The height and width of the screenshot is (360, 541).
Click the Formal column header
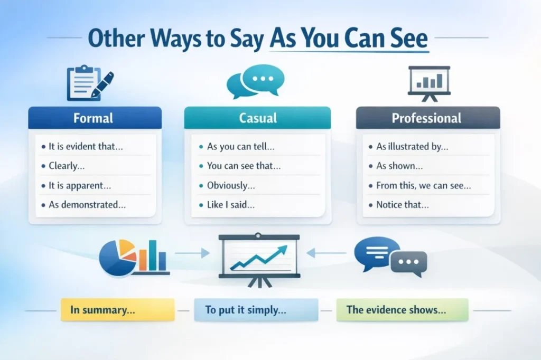pyautogui.click(x=95, y=117)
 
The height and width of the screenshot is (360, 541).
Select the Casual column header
pyautogui.click(x=257, y=117)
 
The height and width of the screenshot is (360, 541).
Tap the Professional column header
pyautogui.click(x=427, y=117)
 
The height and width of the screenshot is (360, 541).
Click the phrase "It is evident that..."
pyautogui.click(x=86, y=147)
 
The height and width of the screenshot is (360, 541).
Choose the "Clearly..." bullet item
pyautogui.click(x=66, y=166)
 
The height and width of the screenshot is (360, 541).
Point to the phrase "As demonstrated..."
pyautogui.click(x=87, y=204)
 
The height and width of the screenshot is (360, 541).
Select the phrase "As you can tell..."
pyautogui.click(x=240, y=147)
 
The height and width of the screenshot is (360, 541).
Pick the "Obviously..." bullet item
pyautogui.click(x=231, y=185)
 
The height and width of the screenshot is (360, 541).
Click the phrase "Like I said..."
pyautogui.click(x=230, y=204)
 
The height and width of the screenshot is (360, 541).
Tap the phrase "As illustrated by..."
pyautogui.click(x=412, y=147)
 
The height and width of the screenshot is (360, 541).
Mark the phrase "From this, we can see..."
pyautogui.click(x=423, y=185)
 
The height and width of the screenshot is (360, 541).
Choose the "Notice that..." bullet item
pyautogui.click(x=402, y=204)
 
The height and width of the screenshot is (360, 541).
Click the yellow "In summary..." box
pyautogui.click(x=117, y=310)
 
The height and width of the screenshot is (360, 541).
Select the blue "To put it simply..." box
pyautogui.click(x=256, y=310)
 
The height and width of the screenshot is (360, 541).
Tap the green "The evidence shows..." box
pyautogui.click(x=402, y=310)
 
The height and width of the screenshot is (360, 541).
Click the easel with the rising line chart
pyautogui.click(x=259, y=259)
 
